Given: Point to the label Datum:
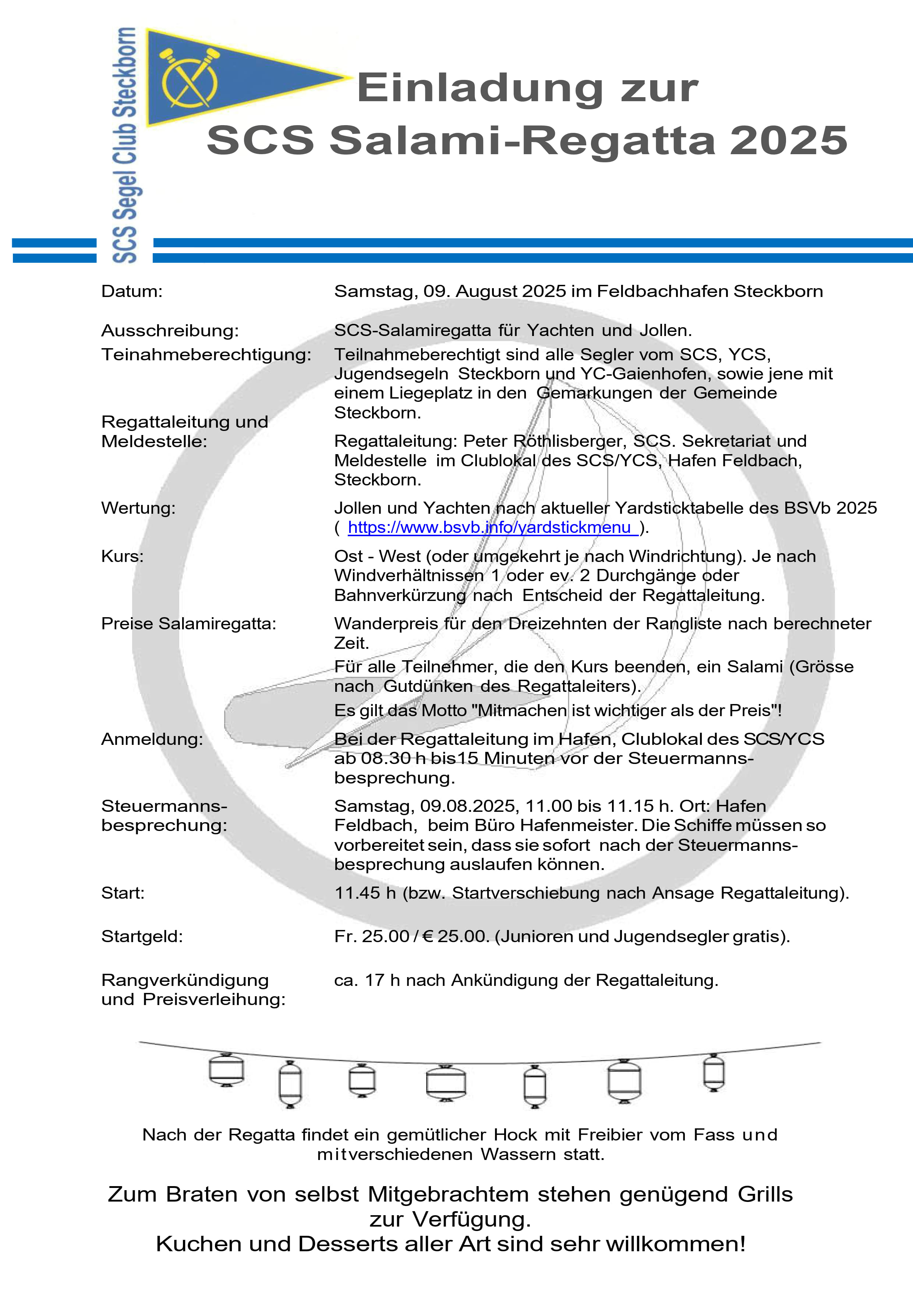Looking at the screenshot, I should [x=131, y=291].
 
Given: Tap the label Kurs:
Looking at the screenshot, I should [x=123, y=556].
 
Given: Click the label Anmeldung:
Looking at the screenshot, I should [x=152, y=739].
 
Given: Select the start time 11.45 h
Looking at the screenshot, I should [x=365, y=893].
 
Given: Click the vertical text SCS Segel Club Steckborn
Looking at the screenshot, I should [x=125, y=145].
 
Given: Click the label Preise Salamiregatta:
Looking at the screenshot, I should [x=189, y=623].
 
